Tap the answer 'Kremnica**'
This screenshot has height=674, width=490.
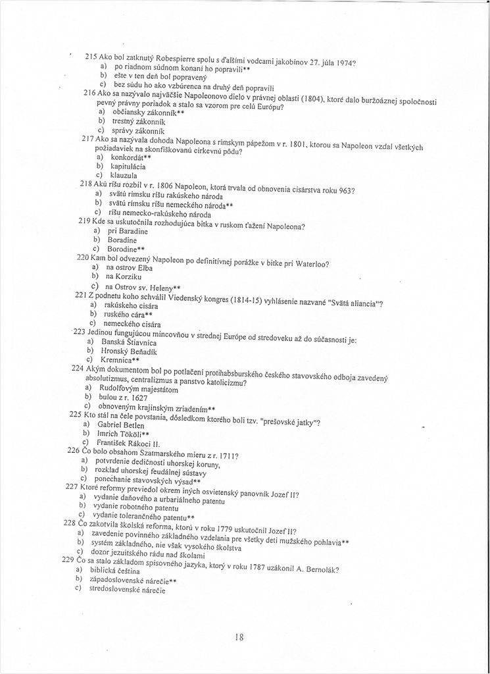[x=119, y=361]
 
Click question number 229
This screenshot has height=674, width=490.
[x=66, y=558]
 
